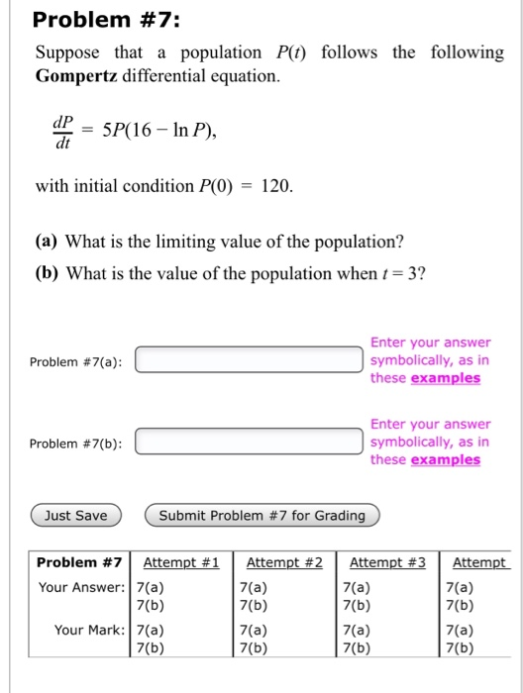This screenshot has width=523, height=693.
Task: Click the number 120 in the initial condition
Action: [274, 186]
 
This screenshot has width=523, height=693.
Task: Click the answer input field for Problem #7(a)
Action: [249, 359]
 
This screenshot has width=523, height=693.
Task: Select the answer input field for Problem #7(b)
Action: [249, 442]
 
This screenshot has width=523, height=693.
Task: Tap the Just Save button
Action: [76, 516]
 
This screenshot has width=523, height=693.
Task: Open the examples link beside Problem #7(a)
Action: [445, 378]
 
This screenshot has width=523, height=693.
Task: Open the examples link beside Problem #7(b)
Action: [445, 459]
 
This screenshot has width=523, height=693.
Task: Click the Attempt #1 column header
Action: [181, 563]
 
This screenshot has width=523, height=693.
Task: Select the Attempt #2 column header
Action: [284, 563]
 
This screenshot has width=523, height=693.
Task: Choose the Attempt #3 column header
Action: [387, 563]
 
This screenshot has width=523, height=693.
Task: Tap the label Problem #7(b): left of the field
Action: [76, 443]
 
